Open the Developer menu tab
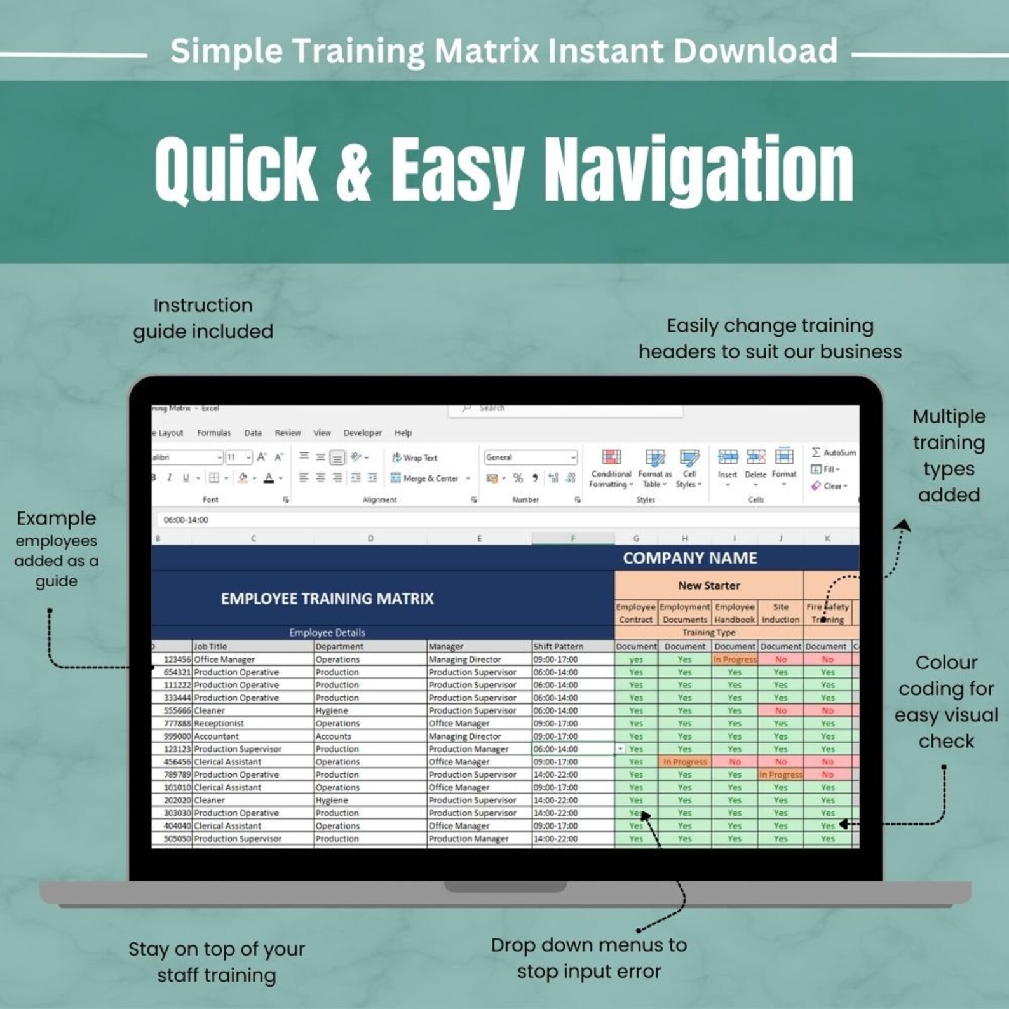362,433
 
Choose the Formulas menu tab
213,433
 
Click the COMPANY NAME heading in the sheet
689,558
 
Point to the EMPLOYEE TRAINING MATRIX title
327,599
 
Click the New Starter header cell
708,586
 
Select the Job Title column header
210,646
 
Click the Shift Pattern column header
558,646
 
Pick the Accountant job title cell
217,736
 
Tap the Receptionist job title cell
219,723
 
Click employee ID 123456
177,660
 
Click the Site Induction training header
780,613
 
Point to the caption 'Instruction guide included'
203,318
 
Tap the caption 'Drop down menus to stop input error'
589,958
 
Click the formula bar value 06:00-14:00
186,520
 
